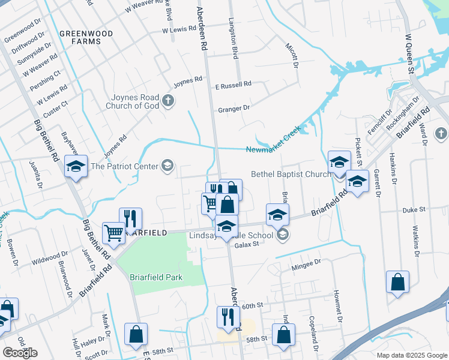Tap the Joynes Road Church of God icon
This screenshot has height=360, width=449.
(168, 101)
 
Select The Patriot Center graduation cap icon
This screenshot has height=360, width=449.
(167, 166)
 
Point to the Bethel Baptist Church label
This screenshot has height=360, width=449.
(291, 174)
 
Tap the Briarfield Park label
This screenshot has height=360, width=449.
(156, 277)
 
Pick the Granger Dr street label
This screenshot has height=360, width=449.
(234, 109)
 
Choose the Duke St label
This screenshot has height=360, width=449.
(414, 209)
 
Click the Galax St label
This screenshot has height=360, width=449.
(246, 244)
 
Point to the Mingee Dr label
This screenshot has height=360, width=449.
(303, 268)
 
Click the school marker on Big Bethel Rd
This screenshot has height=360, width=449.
(76, 167)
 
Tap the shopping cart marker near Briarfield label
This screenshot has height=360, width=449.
(113, 233)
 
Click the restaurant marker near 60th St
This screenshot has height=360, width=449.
(229, 316)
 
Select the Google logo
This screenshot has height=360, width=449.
(20, 353)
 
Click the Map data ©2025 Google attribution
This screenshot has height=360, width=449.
(412, 355)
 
